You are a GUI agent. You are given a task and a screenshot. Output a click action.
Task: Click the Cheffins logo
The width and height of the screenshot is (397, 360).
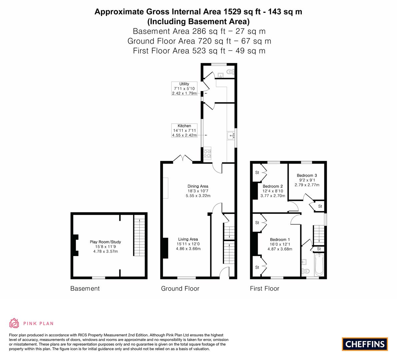pyautogui.click(x=365, y=344)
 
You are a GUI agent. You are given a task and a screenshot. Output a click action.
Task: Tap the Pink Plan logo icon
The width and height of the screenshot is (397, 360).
pyautogui.click(x=14, y=323)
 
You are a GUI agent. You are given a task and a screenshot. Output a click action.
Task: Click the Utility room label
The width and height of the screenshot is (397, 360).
pyautogui.click(x=184, y=84)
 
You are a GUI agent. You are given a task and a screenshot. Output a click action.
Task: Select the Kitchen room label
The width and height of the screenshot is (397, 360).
pyautogui.click(x=184, y=126)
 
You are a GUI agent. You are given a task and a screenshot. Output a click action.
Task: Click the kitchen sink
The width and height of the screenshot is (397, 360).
pyautogui.click(x=231, y=135)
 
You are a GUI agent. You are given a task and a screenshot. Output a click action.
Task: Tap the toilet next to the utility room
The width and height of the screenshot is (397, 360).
pyautogui.click(x=229, y=71)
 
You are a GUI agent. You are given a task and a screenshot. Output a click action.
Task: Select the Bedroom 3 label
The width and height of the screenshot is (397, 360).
pyautogui.click(x=307, y=176)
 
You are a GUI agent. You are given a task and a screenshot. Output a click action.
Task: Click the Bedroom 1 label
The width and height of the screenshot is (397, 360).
pyautogui.click(x=280, y=240)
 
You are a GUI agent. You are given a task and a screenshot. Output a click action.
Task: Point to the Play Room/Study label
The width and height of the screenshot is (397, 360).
pyautogui.click(x=105, y=242)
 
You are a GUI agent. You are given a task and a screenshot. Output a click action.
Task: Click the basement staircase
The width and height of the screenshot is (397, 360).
pyautogui.click(x=139, y=236)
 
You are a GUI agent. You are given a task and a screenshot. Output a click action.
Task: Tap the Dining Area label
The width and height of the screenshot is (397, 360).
pyautogui.click(x=198, y=186)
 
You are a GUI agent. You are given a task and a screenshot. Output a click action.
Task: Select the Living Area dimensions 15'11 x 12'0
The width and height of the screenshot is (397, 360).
pyautogui.click(x=188, y=244)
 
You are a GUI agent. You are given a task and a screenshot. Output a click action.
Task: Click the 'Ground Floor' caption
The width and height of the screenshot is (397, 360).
pyautogui.click(x=180, y=289)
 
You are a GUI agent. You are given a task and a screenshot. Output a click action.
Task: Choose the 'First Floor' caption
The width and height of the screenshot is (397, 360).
pyautogui.click(x=264, y=289)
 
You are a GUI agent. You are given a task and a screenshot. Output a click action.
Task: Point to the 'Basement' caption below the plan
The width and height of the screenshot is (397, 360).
pyautogui.click(x=85, y=289)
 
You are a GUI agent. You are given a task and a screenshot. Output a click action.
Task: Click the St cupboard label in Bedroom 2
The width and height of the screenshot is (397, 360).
pyautogui.click(x=257, y=173)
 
